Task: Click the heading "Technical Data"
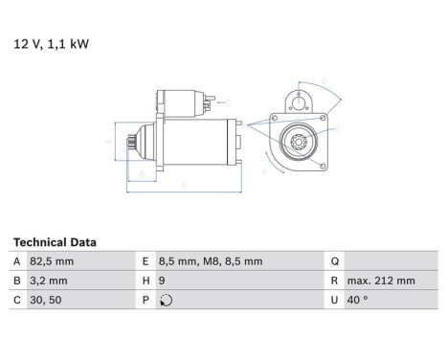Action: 55,243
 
